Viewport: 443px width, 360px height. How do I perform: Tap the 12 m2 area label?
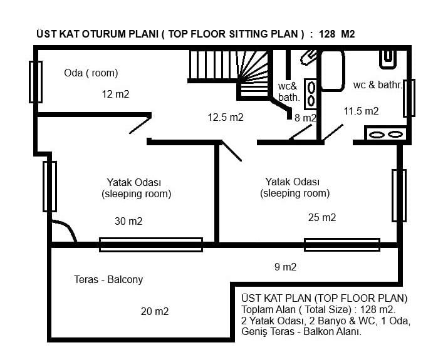(115, 94)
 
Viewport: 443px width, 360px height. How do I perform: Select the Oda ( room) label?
(91, 73)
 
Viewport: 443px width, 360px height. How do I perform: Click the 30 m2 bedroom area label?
(128, 221)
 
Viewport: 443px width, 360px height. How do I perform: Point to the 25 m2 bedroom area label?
(322, 217)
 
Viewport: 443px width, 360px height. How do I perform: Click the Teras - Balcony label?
(108, 279)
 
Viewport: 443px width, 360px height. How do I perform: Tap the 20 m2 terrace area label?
(155, 311)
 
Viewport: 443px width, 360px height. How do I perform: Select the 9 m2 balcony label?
(285, 267)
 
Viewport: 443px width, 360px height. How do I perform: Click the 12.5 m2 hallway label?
(226, 117)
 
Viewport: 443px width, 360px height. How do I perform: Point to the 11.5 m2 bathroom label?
(361, 111)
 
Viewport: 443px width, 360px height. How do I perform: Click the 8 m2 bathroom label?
(305, 118)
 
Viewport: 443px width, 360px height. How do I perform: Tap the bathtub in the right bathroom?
(333, 71)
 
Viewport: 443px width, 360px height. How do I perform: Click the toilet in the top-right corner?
(388, 59)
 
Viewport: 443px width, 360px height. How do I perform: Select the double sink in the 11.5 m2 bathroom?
(385, 134)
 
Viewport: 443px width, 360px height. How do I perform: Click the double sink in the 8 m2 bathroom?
(311, 95)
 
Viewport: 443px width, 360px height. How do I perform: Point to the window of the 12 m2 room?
(36, 82)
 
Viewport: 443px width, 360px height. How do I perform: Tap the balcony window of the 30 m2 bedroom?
(151, 245)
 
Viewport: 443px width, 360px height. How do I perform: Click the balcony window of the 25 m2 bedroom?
(342, 245)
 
